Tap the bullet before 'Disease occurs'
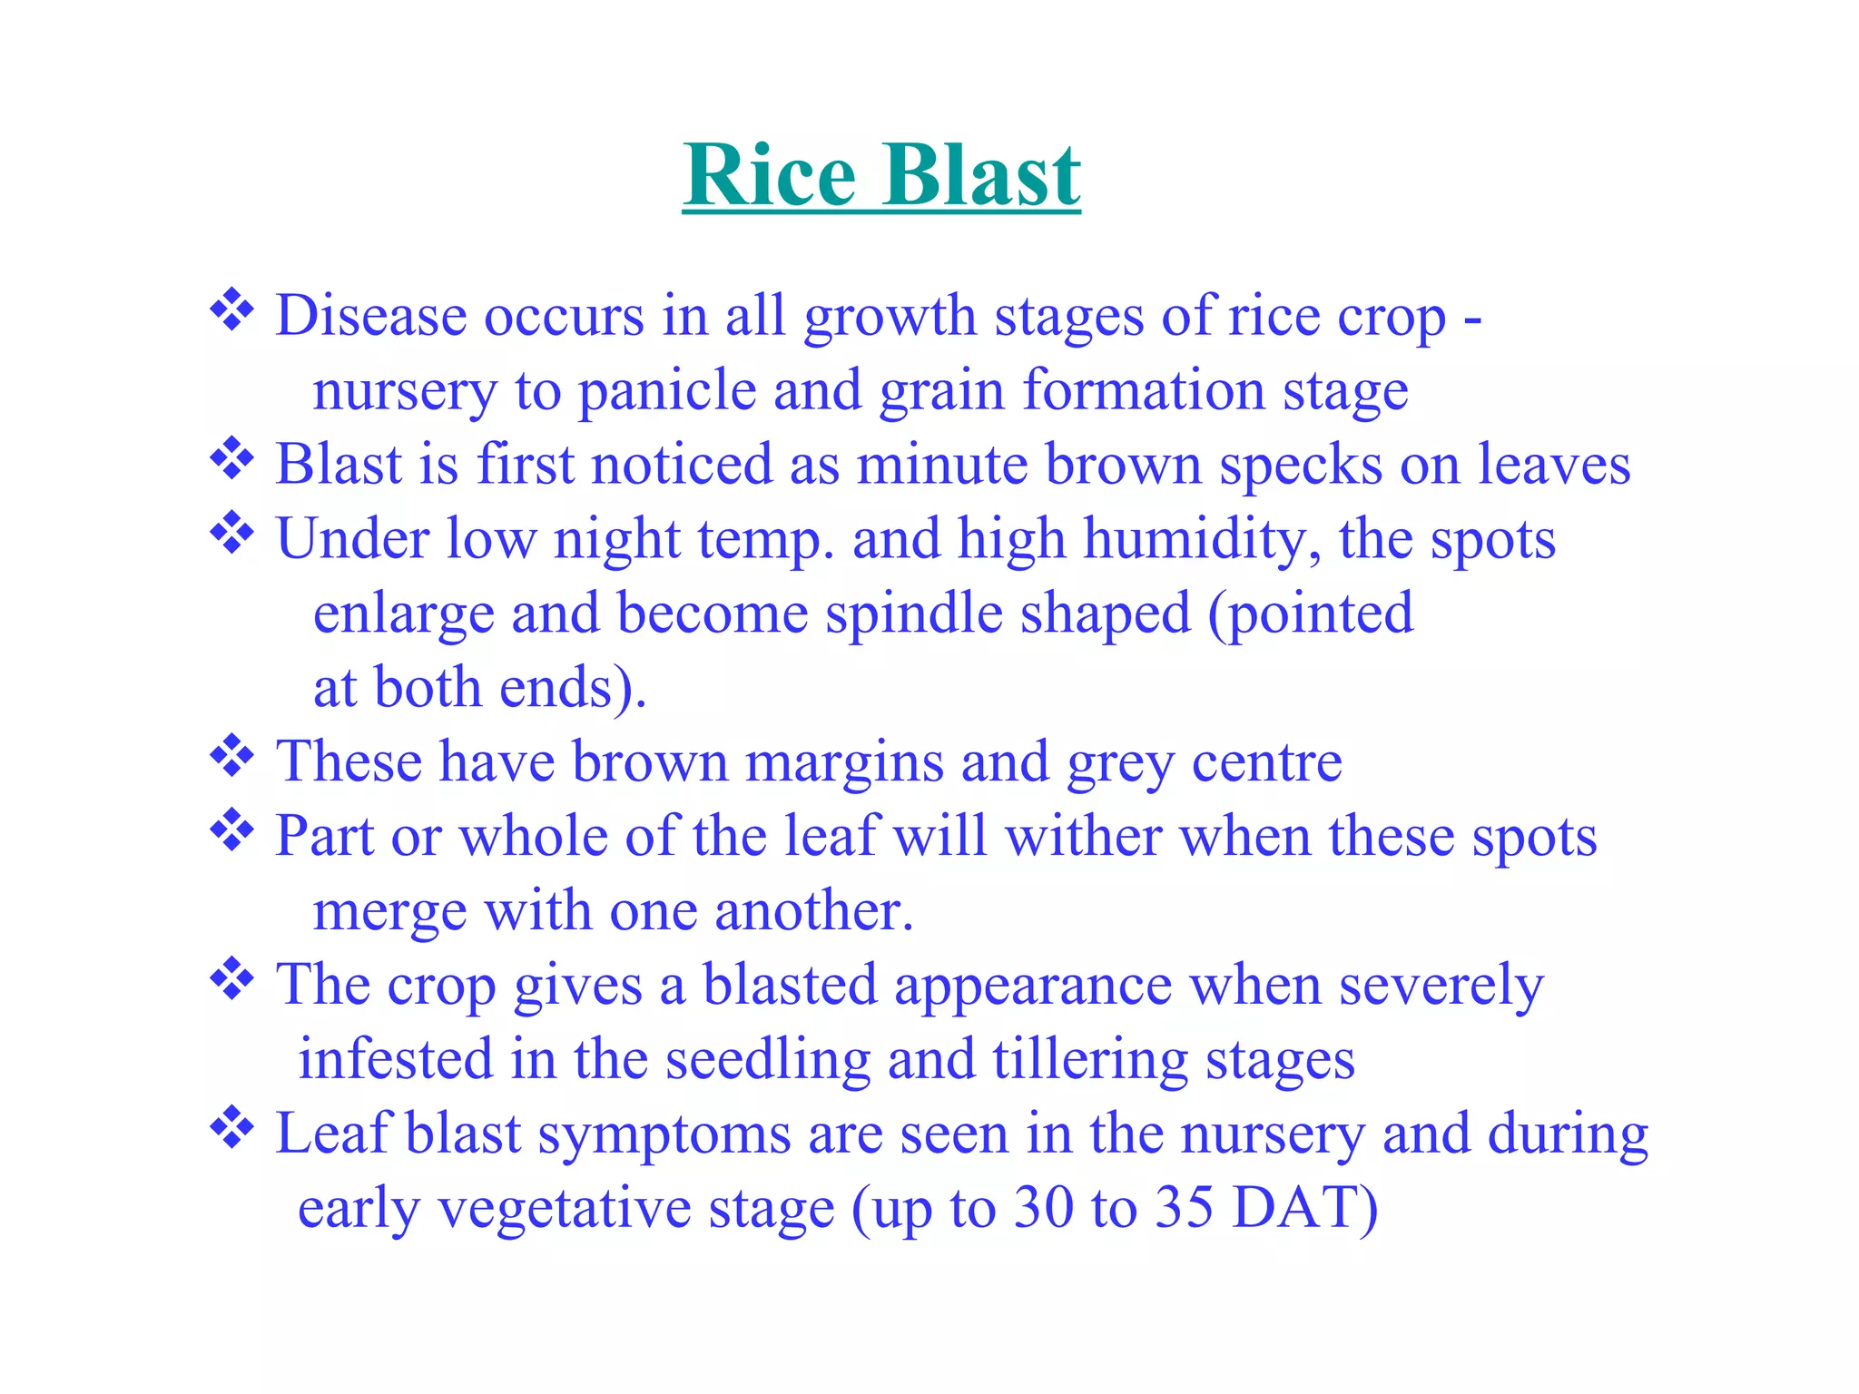click(x=232, y=310)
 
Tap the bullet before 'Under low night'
click(x=232, y=534)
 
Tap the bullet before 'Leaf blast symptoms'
click(x=232, y=1128)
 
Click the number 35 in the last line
click(x=1185, y=1208)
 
